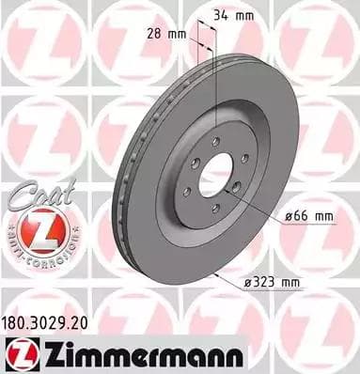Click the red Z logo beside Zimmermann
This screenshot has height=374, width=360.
click(x=19, y=353)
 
